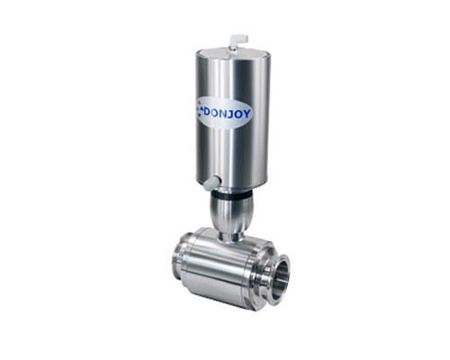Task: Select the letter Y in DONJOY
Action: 247,114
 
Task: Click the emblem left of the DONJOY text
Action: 200,111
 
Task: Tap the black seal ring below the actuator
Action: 229,196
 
